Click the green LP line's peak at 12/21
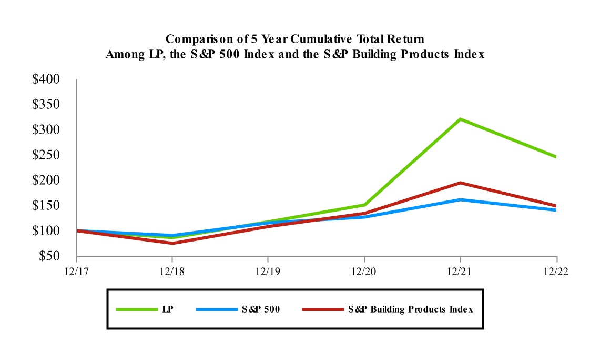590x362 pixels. tap(461, 119)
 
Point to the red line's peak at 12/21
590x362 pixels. tap(461, 183)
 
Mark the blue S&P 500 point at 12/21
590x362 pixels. tap(461, 199)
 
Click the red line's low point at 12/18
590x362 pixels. tap(172, 243)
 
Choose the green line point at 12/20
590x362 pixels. tap(364, 205)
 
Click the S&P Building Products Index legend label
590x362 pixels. tap(410, 309)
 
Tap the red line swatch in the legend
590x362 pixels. tap(322, 309)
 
